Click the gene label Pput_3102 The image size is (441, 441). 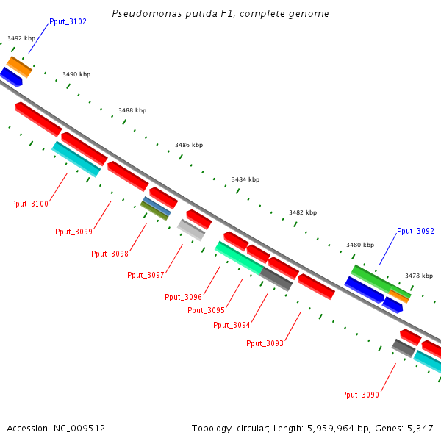pos(68,22)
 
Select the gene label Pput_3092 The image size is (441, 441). pos(415,231)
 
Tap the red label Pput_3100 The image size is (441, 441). pos(29,204)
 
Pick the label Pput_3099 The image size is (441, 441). pos(73,232)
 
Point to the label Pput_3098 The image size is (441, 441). pos(110,254)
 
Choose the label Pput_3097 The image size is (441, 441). pos(146,275)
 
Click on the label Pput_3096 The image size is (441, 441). pos(183,297)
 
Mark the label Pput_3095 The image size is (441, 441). pos(206,310)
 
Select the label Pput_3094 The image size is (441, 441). pos(232,325)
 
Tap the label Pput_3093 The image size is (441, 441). pos(265,343)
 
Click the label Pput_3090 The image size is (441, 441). pos(360,395)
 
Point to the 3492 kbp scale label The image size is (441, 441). pos(21,38)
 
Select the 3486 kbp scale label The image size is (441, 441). pos(189,146)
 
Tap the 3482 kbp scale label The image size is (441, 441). pos(303,212)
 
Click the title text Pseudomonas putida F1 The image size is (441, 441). pos(220,14)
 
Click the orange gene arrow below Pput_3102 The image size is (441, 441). pos(20,66)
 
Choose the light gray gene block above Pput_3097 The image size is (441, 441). pos(191,230)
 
